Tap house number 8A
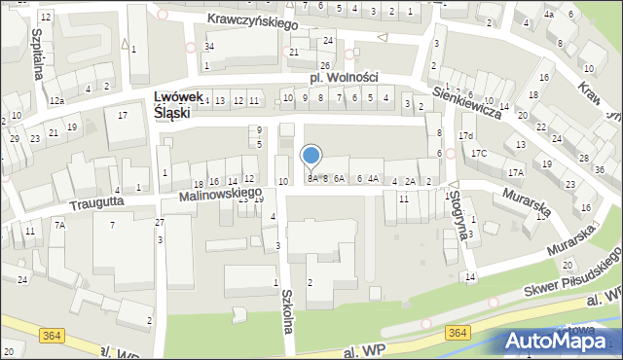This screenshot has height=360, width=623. pos(312,179)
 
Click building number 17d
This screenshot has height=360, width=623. pos(466,135)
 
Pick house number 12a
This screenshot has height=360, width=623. pos(57,101)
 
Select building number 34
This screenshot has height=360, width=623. pos(208,47)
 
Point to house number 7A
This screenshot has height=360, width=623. pos(59,225)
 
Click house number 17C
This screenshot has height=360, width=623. pos(479,154)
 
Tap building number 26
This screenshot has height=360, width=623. pos(325,65)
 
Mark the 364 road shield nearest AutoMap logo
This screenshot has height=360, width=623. pos(458,333)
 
